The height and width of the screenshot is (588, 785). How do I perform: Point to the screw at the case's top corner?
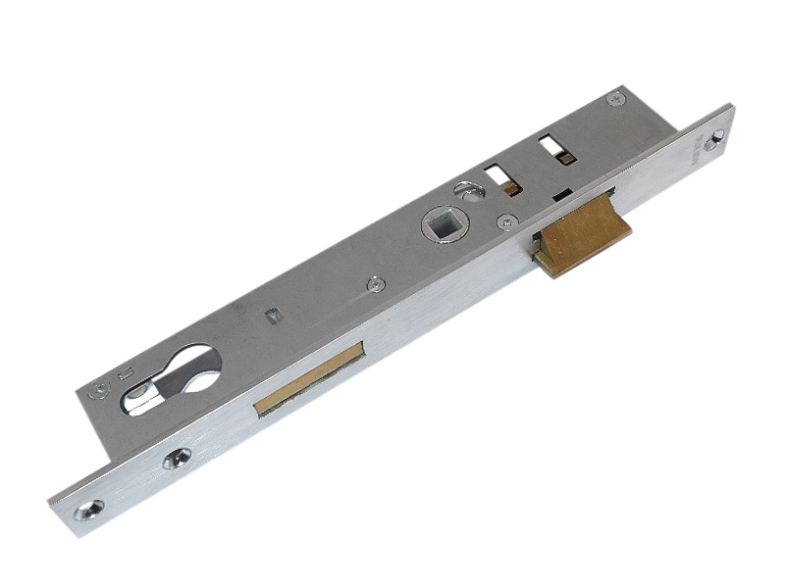point(615,98)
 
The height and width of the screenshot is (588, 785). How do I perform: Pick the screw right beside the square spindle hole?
point(505,222)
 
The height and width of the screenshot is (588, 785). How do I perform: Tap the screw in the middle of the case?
point(375,285)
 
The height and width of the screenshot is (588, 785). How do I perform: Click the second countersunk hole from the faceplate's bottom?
point(178,458)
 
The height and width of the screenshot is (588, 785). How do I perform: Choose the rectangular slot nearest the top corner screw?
point(550,147)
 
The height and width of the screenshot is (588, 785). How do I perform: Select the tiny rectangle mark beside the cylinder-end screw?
point(125,372)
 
